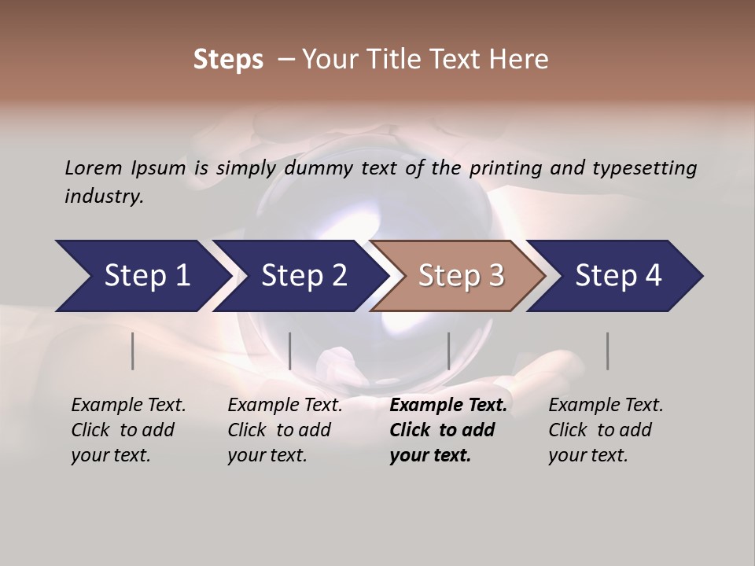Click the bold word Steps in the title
tap(228, 60)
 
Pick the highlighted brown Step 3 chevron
tap(461, 276)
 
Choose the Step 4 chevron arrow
tap(618, 276)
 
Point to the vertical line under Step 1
tap(133, 351)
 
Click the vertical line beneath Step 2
tap(290, 351)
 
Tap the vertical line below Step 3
tap(448, 351)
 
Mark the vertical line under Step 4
tap(607, 351)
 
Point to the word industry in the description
tap(104, 197)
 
